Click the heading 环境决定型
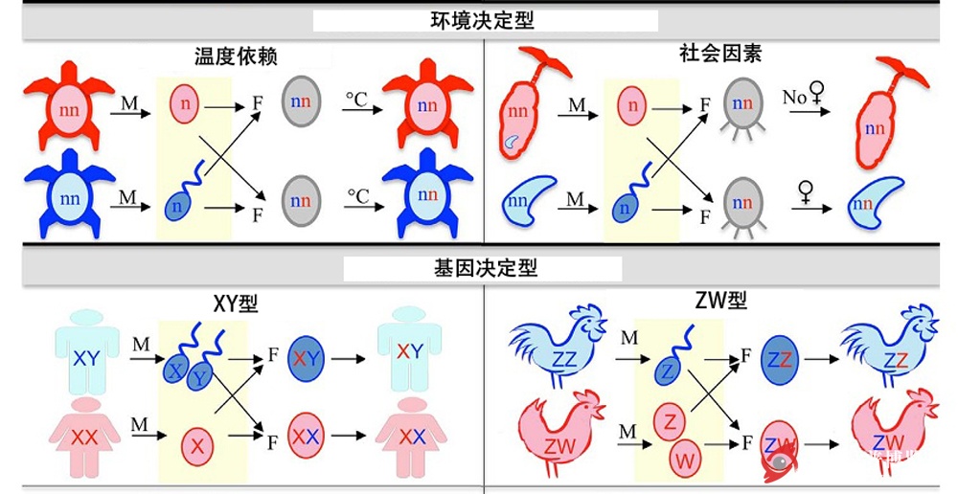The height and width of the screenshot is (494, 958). click(x=484, y=20)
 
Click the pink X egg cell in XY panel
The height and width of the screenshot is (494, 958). click(x=197, y=445)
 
